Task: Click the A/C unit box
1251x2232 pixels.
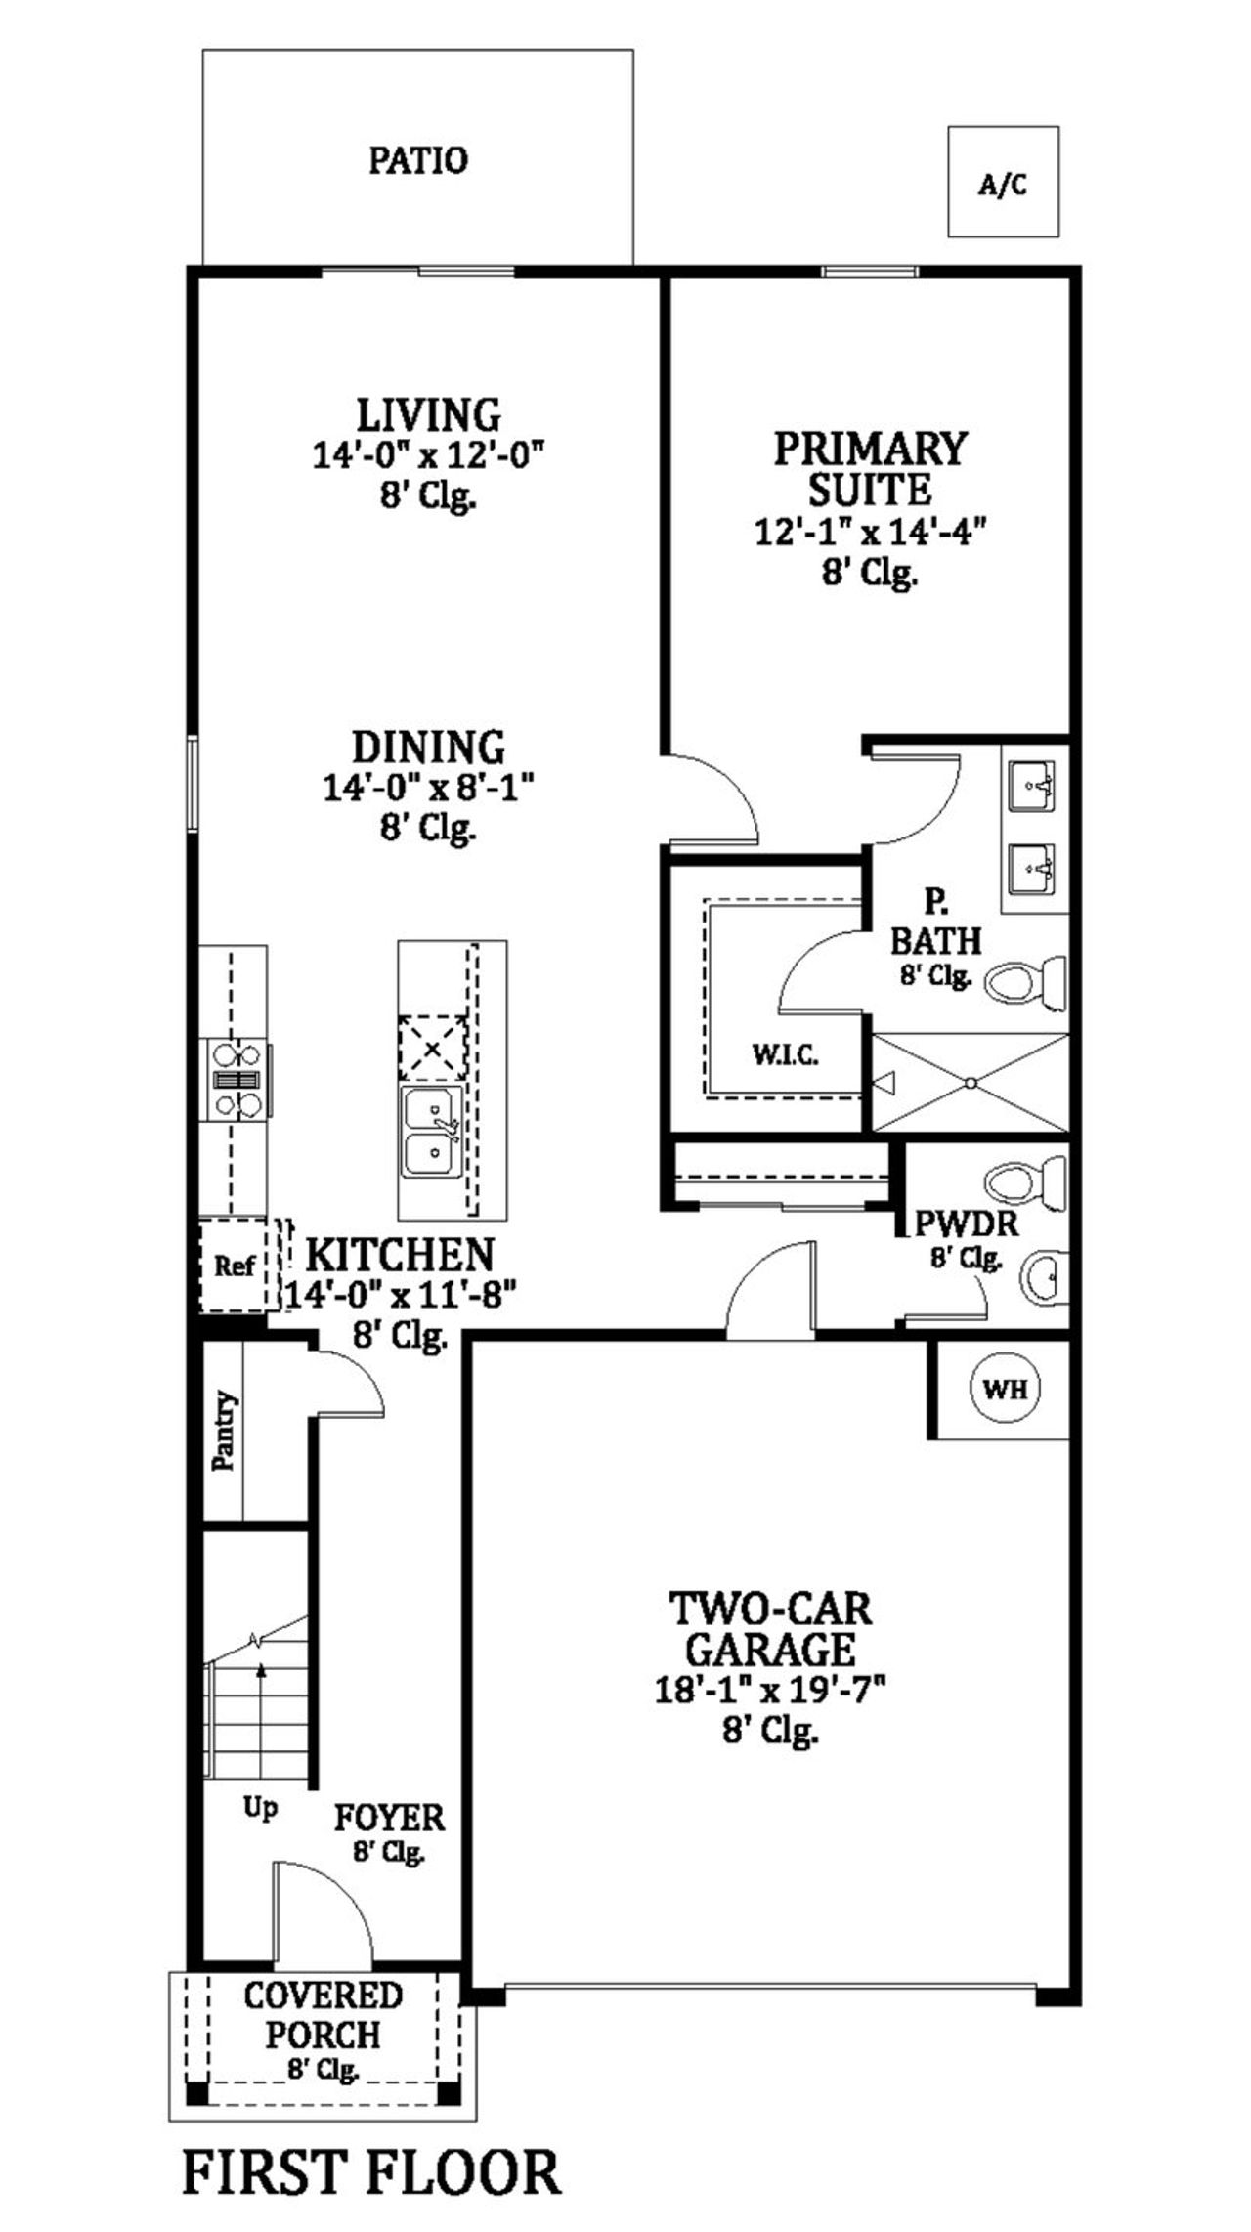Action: [1004, 182]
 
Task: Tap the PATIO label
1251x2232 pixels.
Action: [418, 160]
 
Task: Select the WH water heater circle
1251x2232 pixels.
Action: [1005, 1388]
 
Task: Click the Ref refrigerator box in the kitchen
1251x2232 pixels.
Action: [235, 1266]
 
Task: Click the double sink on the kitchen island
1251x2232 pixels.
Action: [431, 1131]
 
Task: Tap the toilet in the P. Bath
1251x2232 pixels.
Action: [1026, 981]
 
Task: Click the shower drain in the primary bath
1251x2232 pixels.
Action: [971, 1083]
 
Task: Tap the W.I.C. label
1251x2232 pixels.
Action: [785, 1054]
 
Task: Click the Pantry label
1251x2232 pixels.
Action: [224, 1430]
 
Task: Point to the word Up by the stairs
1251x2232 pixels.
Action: [260, 1808]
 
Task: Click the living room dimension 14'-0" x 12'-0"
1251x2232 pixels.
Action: [427, 455]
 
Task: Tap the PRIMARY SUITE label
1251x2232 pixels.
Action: [870, 467]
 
